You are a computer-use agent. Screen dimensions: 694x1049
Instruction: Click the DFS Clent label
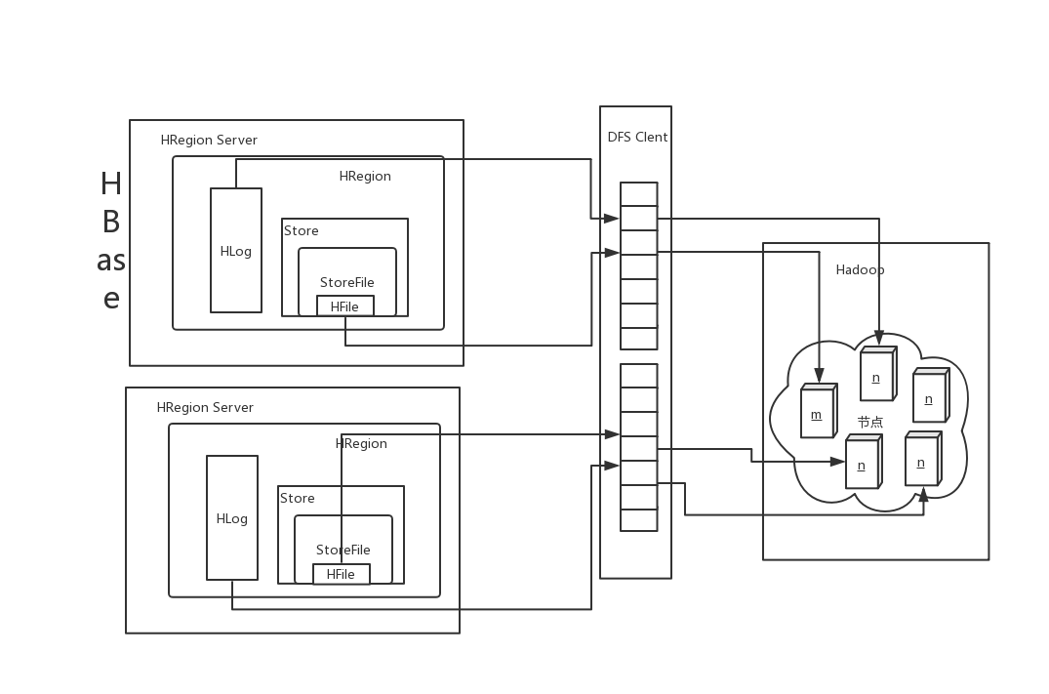point(637,138)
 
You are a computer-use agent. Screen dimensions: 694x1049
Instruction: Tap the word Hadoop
point(860,270)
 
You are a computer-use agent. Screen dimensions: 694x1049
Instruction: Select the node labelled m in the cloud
point(817,414)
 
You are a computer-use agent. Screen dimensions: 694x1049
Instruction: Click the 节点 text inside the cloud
point(870,423)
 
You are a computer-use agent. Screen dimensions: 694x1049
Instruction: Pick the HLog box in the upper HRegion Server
point(236,251)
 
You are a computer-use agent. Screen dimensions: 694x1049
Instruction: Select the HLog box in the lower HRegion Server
point(232,518)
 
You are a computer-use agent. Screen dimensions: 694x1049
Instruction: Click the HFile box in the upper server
point(344,306)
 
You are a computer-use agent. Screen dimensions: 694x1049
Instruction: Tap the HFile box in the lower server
point(341,574)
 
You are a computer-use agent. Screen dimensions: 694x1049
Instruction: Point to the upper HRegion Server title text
point(209,141)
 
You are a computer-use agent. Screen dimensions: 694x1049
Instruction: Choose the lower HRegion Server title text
point(205,408)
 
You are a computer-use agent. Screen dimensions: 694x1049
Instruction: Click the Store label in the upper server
point(302,231)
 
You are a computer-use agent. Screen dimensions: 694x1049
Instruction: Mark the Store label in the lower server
point(298,499)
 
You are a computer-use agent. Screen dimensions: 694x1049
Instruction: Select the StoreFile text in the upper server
point(346,283)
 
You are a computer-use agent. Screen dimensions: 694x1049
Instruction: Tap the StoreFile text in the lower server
point(343,551)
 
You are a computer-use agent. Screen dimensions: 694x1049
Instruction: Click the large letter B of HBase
point(111,223)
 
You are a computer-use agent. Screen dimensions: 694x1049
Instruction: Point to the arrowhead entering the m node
point(820,376)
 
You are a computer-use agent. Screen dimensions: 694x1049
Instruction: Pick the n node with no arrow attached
point(929,398)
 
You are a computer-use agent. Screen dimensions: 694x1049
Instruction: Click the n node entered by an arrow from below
point(921,462)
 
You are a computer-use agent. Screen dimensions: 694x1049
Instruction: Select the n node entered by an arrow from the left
point(862,465)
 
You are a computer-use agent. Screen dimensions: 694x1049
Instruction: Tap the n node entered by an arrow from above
point(876,377)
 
